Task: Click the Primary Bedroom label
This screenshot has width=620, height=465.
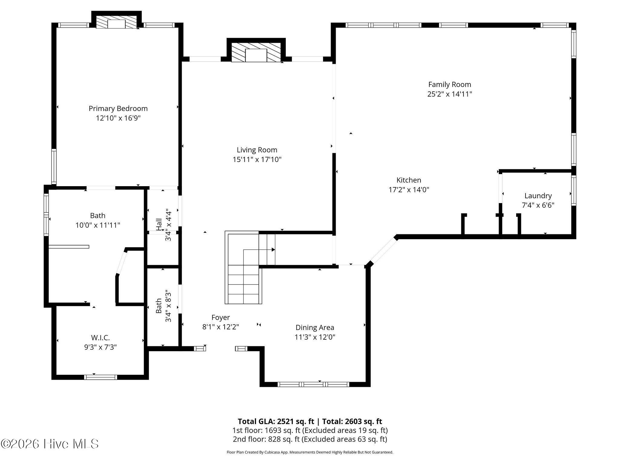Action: tap(118, 108)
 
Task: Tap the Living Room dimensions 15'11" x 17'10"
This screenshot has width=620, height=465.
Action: tap(257, 159)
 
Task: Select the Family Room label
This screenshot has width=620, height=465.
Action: tap(450, 84)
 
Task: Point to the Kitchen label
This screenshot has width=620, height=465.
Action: tap(409, 180)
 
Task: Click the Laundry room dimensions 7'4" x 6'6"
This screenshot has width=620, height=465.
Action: tap(538, 205)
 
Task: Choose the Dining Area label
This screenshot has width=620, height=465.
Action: tap(315, 328)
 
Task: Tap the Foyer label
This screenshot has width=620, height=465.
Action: tap(221, 318)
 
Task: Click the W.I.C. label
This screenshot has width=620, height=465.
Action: tap(101, 338)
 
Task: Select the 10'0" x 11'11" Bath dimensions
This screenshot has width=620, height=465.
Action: tap(98, 225)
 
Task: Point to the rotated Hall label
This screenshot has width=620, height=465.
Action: tap(159, 224)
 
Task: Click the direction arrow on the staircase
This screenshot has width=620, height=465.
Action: tap(259, 250)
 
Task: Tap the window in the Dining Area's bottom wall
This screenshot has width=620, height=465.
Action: tap(313, 384)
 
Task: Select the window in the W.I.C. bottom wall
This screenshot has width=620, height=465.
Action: tap(101, 377)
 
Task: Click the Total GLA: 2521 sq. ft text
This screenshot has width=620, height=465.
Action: tap(276, 421)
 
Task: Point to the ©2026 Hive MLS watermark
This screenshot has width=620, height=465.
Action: tap(50, 444)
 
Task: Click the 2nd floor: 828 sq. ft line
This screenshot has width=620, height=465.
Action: tap(310, 439)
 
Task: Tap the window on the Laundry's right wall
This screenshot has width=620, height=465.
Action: tap(573, 190)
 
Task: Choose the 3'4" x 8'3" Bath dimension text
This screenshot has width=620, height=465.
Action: tap(168, 306)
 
